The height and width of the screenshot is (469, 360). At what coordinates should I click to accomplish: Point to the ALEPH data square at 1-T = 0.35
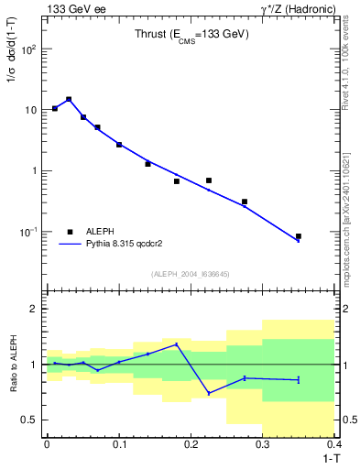coord(299,236)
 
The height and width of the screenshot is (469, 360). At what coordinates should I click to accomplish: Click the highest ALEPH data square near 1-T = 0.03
coord(69,99)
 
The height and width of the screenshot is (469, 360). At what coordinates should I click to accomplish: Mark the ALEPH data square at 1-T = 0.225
coord(209,180)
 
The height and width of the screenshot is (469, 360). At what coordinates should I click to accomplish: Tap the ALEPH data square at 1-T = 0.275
coord(245,202)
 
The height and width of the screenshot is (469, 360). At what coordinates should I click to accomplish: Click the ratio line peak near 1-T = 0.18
coord(177,344)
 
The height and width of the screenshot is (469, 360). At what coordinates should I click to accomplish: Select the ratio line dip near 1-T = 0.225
coord(209,393)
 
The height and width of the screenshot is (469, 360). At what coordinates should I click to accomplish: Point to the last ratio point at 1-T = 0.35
coord(299,379)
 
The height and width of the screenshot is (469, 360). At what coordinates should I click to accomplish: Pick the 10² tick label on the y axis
coord(28,49)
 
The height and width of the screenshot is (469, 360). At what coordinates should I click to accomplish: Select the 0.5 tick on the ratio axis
coord(29,420)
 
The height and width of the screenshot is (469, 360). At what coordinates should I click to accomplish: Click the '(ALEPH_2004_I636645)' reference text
coord(191,274)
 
